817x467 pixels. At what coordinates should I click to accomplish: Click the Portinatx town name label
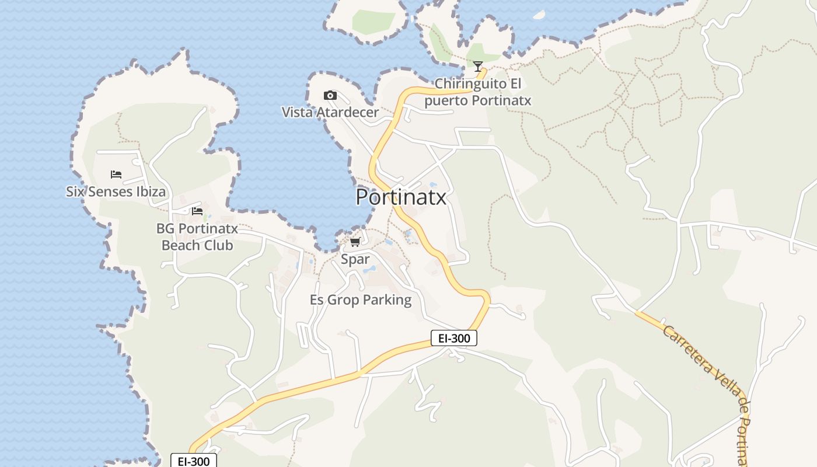[401, 197]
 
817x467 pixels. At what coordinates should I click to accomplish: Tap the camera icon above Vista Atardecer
[330, 95]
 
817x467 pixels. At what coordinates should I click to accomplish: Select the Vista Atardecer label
[330, 112]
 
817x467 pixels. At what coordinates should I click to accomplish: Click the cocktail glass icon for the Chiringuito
[478, 66]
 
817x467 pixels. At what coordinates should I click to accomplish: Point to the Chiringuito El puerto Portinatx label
[478, 92]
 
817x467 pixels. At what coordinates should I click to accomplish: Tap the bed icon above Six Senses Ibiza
[116, 175]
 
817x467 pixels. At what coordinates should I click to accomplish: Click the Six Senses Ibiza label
[116, 191]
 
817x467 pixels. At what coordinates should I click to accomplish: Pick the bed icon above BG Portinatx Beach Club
[197, 211]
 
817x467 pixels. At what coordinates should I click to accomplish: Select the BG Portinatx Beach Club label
[197, 236]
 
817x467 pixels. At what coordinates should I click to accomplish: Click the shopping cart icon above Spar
[355, 242]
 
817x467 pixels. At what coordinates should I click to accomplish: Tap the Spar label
[355, 259]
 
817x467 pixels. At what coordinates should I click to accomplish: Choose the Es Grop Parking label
[361, 300]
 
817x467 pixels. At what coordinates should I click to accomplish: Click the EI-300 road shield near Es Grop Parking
[454, 338]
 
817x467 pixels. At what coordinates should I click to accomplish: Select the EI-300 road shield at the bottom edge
[194, 461]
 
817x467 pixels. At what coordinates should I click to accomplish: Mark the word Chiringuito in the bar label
[471, 84]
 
